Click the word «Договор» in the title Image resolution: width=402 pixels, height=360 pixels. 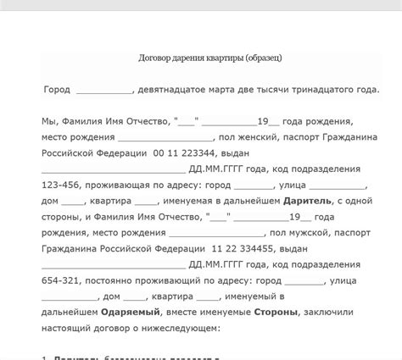coord(156,58)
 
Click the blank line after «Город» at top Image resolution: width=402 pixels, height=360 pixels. coord(103,90)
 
